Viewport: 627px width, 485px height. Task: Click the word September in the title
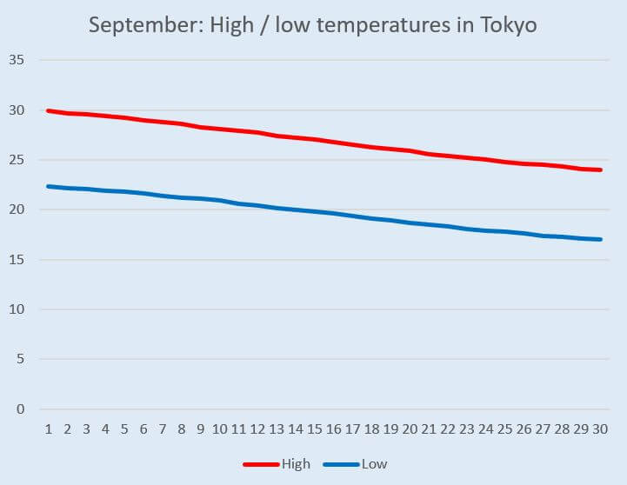pos(139,25)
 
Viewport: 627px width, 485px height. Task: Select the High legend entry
pos(296,463)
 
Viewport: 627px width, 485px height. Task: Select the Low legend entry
pos(374,463)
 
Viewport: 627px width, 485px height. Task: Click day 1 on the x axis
pos(48,429)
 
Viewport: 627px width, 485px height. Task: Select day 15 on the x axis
pos(316,429)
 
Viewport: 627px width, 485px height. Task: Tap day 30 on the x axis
pos(600,429)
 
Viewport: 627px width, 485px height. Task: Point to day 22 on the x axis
pos(448,429)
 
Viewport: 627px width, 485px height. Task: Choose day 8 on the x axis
pos(182,429)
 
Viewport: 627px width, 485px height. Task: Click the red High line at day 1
pos(48,111)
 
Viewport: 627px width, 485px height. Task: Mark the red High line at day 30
pos(600,169)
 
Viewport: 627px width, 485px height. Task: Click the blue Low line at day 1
pos(48,186)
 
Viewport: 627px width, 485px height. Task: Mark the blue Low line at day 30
pos(600,239)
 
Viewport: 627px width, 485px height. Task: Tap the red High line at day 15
pos(316,140)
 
